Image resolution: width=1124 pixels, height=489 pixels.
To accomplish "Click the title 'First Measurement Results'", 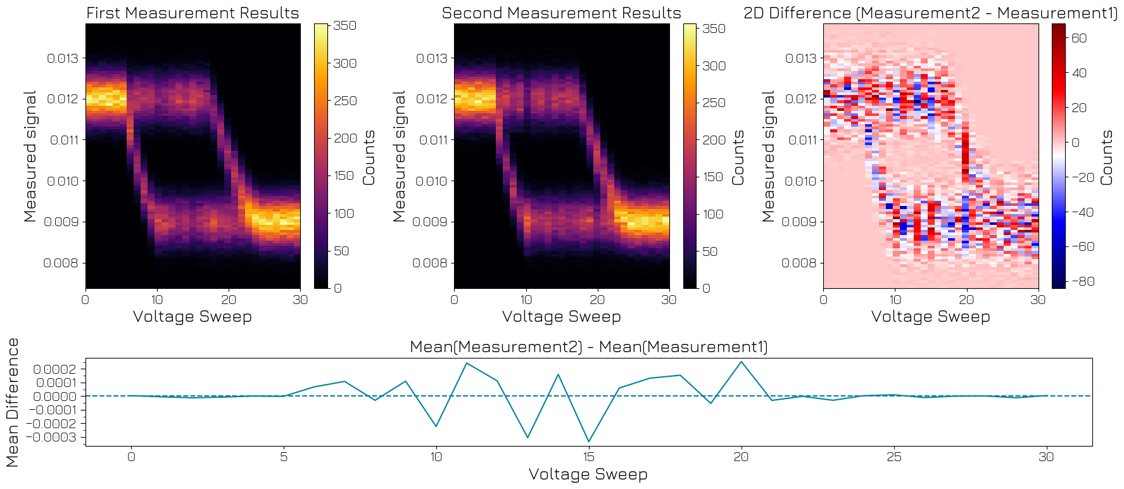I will point(193,13).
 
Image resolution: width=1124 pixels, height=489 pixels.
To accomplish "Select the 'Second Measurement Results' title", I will point(561,13).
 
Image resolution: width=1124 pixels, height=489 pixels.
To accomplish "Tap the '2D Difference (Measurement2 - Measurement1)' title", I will point(931,13).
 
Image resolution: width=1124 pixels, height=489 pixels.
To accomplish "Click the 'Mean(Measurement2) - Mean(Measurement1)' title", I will point(588,346).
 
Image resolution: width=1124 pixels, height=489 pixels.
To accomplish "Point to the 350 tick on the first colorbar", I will point(345,25).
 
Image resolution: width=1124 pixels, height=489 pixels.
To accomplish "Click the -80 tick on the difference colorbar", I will point(1082,281).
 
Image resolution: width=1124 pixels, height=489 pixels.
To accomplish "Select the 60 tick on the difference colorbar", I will point(1079,38).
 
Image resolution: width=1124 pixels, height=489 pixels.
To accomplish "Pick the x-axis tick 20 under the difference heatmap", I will point(966,300).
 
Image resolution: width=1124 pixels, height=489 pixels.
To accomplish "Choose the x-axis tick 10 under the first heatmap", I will point(157,300).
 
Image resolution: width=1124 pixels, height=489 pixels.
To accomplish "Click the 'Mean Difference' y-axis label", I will point(13,402).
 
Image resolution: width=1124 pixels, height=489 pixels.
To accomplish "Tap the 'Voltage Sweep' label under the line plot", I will point(588,474).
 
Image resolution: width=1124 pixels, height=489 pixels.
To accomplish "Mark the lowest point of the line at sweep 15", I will point(589,441).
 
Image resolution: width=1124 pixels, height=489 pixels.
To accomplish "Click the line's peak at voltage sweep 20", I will point(742,362).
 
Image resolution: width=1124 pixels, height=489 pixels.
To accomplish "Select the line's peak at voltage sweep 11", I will point(467,363).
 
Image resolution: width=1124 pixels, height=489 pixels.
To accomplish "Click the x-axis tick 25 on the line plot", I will point(894,457).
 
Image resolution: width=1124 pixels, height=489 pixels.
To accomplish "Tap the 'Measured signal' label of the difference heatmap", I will point(768,156).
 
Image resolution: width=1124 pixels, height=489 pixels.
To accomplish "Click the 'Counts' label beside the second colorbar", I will point(738,158).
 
